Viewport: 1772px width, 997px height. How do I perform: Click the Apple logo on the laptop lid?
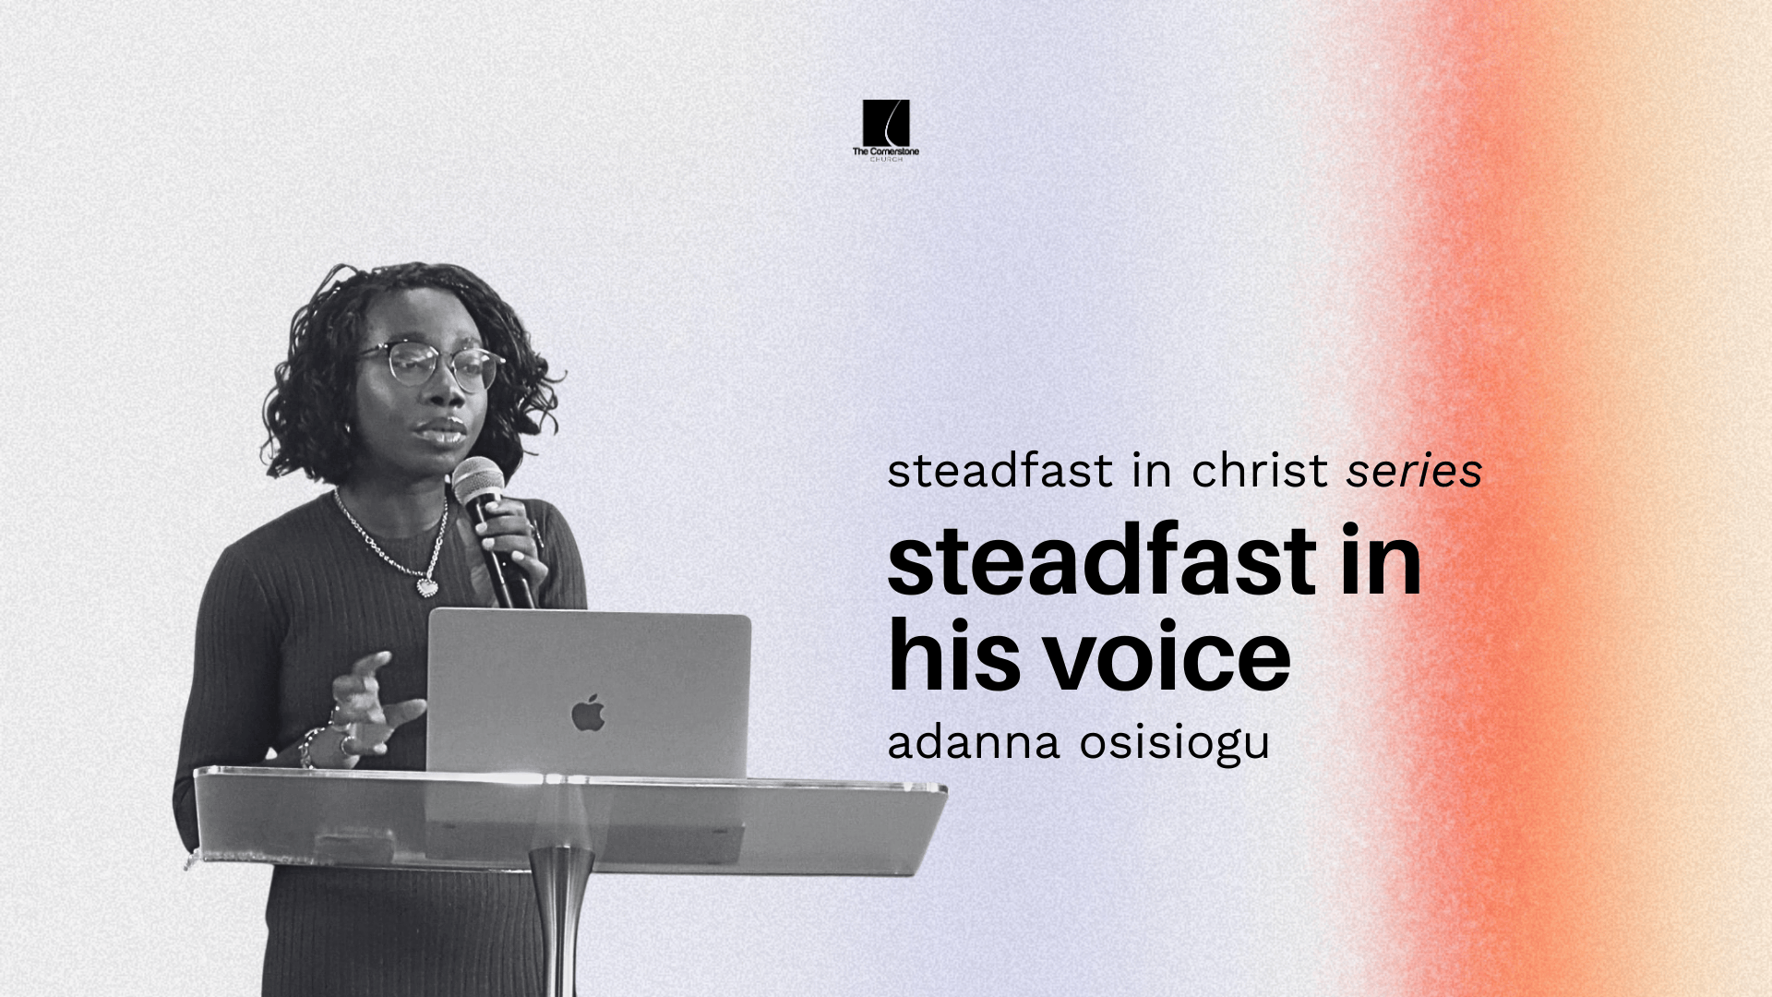pyautogui.click(x=588, y=714)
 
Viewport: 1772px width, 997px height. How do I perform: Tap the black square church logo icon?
pyautogui.click(x=886, y=123)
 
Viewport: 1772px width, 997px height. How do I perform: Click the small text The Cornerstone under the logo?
pyautogui.click(x=886, y=151)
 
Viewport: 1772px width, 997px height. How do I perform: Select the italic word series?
pyautogui.click(x=1414, y=471)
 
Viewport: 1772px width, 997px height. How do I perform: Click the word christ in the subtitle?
pyautogui.click(x=1259, y=471)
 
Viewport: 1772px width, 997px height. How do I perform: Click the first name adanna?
pyautogui.click(x=973, y=743)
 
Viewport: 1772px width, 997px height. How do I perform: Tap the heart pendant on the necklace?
pyautogui.click(x=427, y=586)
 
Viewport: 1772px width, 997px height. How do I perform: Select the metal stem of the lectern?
pyautogui.click(x=561, y=923)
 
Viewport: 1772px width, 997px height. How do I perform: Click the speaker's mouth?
pyautogui.click(x=443, y=432)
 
